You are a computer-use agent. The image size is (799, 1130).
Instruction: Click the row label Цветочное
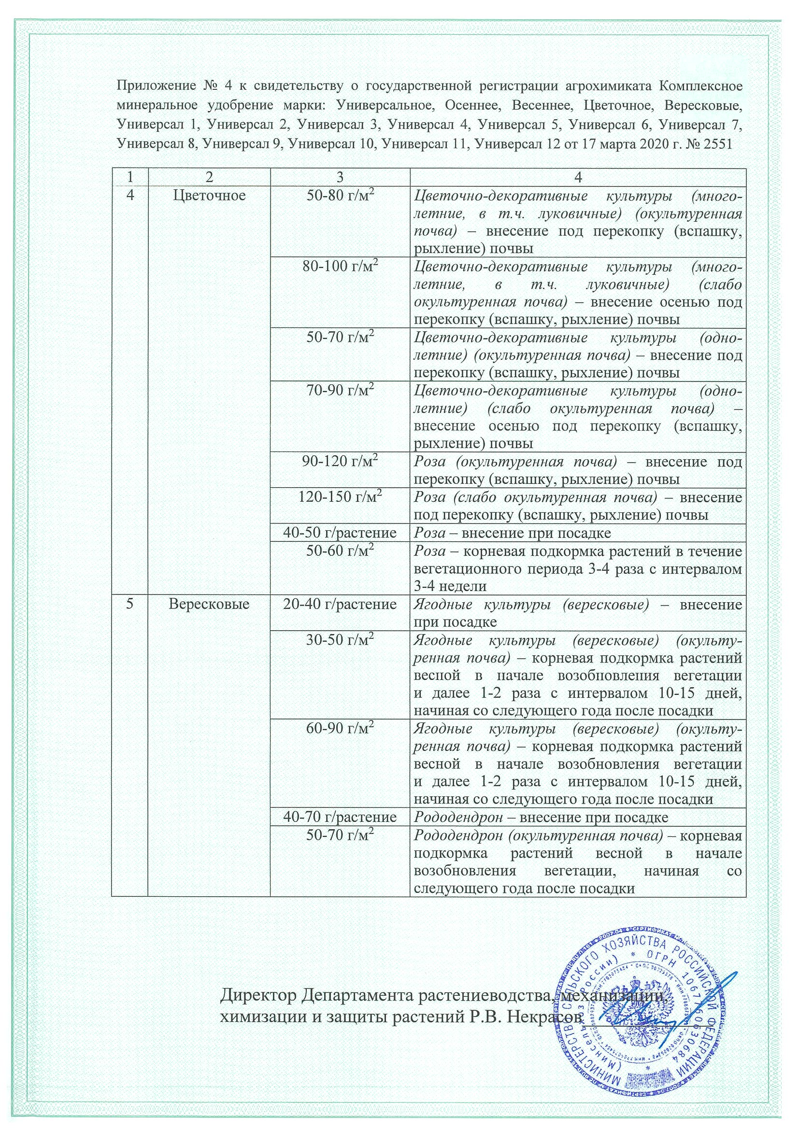pos(209,196)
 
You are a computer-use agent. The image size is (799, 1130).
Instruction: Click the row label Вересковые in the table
pos(209,603)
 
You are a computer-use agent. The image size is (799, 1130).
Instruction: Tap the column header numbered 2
pos(209,178)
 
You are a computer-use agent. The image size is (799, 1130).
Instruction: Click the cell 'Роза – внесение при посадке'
pos(512,533)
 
